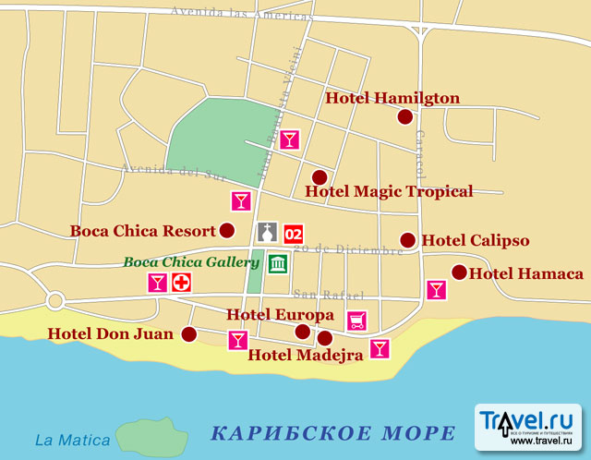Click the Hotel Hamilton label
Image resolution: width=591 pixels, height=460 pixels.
tap(392, 99)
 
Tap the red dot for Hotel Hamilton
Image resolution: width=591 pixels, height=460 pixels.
tap(404, 116)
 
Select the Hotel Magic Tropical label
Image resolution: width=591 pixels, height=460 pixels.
tap(389, 192)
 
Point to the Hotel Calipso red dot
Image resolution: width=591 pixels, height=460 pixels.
tap(407, 240)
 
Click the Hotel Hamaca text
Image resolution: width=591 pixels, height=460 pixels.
tap(526, 273)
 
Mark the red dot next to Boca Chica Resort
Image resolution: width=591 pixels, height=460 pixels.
tap(227, 231)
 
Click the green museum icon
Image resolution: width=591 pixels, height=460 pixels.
tap(277, 263)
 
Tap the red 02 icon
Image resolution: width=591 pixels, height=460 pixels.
tap(294, 233)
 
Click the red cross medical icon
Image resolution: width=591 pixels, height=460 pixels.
tap(181, 283)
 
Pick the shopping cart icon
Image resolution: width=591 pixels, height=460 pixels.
tap(356, 321)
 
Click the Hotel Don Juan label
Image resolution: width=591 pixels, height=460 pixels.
tap(111, 333)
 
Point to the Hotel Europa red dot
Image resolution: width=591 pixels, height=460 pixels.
tap(302, 332)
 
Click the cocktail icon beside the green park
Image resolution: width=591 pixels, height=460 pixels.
tap(290, 139)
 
